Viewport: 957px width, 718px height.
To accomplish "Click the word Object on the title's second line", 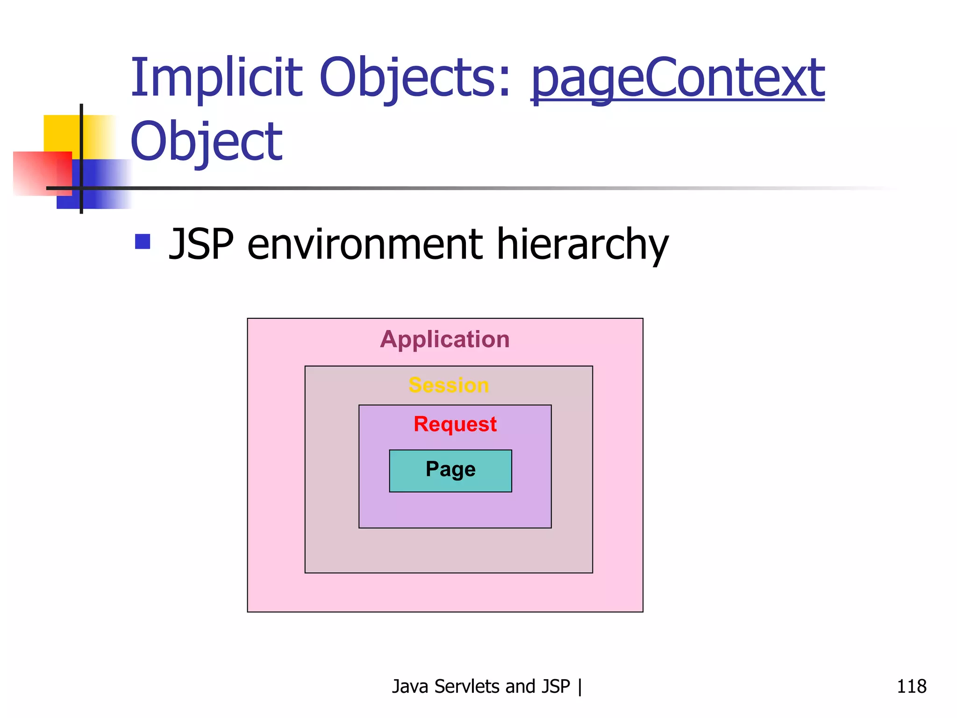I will pos(206,142).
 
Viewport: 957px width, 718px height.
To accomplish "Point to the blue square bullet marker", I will pos(143,242).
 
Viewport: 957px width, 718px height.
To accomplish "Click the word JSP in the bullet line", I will pos(201,244).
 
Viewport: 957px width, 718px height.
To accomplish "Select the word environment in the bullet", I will pos(365,244).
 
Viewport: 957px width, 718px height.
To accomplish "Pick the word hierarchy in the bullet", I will pos(582,244).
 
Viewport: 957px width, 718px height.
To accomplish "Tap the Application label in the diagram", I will pos(444,339).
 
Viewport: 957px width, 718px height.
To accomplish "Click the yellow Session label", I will pos(449,385).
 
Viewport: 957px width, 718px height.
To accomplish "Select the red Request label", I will pos(455,424).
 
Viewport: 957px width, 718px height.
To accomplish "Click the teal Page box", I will pos(450,471).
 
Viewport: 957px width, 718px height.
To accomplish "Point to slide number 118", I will pos(911,686).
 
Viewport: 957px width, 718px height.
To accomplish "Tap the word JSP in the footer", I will pos(556,686).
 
